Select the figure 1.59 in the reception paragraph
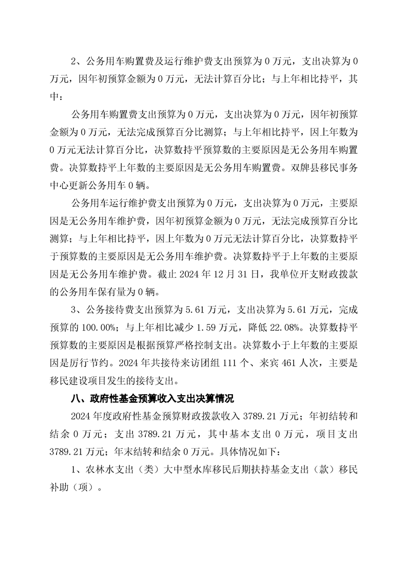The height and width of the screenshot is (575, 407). point(201,325)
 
